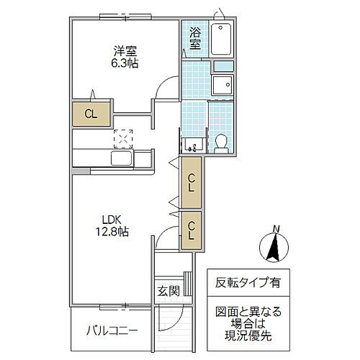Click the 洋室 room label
(125, 51)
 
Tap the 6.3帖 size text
(125, 63)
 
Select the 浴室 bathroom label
(195, 38)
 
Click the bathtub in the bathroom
(222, 39)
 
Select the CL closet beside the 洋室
(90, 113)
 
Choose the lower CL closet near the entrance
(192, 230)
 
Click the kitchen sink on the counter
(120, 158)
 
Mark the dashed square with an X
(124, 138)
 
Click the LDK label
(112, 220)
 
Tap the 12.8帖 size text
(112, 233)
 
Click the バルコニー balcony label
(112, 331)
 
